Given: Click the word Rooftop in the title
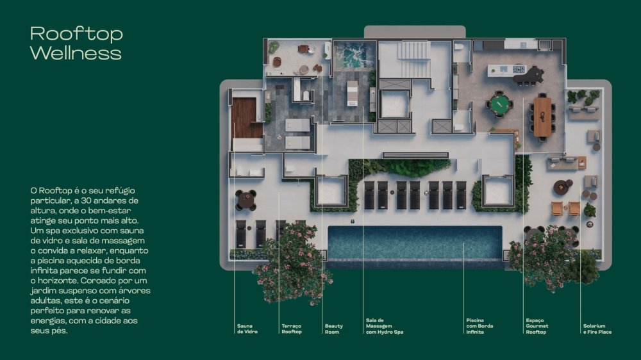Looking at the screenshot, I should point(76,33).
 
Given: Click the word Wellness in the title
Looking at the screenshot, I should point(75,53).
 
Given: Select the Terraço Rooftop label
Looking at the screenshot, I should point(292,329).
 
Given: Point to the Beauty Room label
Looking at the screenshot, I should point(333,329).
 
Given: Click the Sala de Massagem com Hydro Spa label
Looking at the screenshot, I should point(384,326).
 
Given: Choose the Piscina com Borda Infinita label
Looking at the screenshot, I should point(479,326).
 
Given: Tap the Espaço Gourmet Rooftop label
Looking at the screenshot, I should point(537,326).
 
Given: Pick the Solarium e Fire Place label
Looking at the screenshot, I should point(597,329).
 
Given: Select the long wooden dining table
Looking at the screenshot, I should point(542,116).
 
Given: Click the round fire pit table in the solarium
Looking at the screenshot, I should point(562,187).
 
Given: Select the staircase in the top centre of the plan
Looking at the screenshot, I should point(413,51).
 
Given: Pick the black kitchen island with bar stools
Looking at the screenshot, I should point(528,75).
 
